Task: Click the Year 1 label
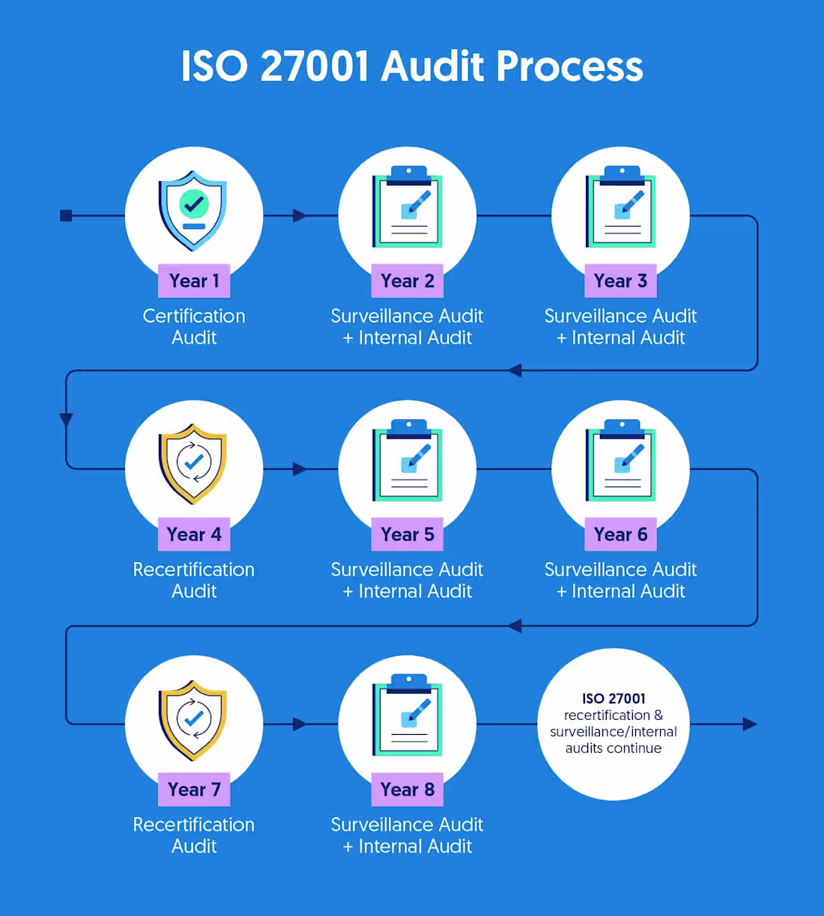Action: point(194,281)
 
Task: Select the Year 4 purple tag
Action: point(194,534)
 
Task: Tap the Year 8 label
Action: point(407,790)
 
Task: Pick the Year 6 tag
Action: point(620,534)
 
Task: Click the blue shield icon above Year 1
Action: point(193,210)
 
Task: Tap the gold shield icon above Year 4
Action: point(193,464)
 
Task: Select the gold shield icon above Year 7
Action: point(193,721)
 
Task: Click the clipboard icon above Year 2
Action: point(407,207)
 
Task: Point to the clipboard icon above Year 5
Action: point(407,460)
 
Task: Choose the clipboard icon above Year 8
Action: point(407,715)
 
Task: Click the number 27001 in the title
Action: point(314,67)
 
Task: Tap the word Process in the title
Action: point(569,67)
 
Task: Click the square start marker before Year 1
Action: point(67,216)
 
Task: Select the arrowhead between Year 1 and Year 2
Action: point(300,216)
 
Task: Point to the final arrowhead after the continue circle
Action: point(750,724)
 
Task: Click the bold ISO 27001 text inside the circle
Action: point(614,699)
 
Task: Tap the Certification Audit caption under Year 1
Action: point(194,326)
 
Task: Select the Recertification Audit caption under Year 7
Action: point(194,835)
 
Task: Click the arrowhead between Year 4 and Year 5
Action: point(300,469)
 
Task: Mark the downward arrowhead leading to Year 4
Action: point(67,420)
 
